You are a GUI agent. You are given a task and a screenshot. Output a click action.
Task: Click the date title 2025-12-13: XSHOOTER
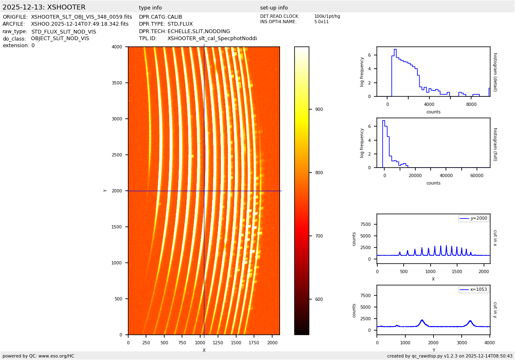pyautogui.click(x=44, y=7)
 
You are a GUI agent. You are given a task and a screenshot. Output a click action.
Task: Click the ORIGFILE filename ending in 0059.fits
pyautogui.click(x=81, y=17)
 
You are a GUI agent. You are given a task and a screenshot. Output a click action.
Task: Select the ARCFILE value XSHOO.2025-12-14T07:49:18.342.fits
pyautogui.click(x=80, y=24)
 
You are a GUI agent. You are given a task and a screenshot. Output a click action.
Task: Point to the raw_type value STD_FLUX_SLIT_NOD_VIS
pyautogui.click(x=63, y=31)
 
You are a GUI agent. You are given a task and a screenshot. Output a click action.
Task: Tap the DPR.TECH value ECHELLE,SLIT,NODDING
pyautogui.click(x=199, y=31)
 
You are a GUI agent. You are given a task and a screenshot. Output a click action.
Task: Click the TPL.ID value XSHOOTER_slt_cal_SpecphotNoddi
pyautogui.click(x=212, y=38)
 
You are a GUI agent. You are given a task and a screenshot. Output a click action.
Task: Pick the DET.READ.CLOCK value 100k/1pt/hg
pyautogui.click(x=327, y=17)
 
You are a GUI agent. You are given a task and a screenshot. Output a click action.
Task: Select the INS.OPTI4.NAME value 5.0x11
pyautogui.click(x=321, y=22)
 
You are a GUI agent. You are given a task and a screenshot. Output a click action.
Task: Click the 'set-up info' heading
pyautogui.click(x=274, y=8)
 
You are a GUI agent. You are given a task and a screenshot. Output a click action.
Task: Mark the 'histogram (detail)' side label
pyautogui.click(x=495, y=72)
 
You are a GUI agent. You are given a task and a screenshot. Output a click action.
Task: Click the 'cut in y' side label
pyautogui.click(x=495, y=310)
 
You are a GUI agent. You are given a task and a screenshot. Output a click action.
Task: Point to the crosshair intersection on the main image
pyautogui.click(x=204, y=191)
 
